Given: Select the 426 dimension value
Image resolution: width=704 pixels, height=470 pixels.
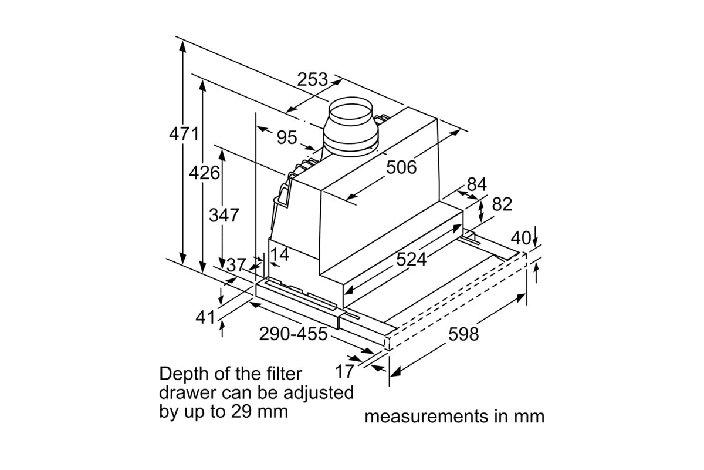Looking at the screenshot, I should click(204, 173).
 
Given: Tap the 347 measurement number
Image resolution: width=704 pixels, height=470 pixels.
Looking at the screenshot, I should click(224, 215).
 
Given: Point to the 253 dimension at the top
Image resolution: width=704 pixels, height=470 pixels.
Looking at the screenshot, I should click(312, 79).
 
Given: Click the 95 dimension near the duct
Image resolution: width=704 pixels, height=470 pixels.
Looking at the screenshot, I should click(287, 137).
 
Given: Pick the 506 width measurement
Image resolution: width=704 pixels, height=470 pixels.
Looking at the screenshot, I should click(401, 167).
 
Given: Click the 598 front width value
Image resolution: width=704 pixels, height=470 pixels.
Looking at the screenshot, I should click(463, 334).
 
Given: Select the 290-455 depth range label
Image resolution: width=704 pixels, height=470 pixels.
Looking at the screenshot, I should click(293, 334).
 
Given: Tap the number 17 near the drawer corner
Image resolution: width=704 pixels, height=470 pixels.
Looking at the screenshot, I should click(345, 371).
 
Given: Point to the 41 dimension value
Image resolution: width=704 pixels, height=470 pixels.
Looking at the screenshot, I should click(205, 317).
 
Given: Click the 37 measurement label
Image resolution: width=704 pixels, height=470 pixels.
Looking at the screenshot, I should click(236, 265).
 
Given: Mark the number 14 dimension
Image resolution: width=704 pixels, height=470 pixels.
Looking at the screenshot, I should click(280, 255).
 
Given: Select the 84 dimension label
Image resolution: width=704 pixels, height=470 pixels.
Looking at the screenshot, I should click(476, 184).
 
